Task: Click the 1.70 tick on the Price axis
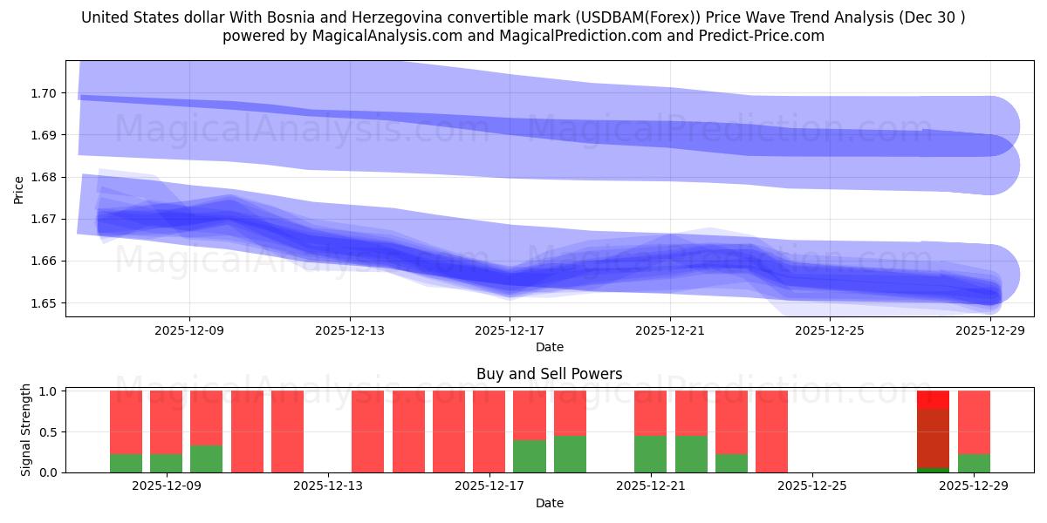[44, 93]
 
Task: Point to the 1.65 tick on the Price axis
[44, 303]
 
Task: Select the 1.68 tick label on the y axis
[44, 177]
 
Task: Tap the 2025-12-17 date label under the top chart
[510, 330]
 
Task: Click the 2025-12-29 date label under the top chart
[989, 330]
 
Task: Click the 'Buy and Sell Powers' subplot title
[549, 374]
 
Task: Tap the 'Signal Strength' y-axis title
[26, 430]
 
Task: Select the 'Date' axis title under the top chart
[549, 347]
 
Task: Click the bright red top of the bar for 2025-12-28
[933, 399]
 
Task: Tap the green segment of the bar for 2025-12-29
[974, 463]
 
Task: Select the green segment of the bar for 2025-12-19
[570, 453]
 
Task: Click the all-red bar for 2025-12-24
[771, 431]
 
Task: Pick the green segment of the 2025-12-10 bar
[206, 458]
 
